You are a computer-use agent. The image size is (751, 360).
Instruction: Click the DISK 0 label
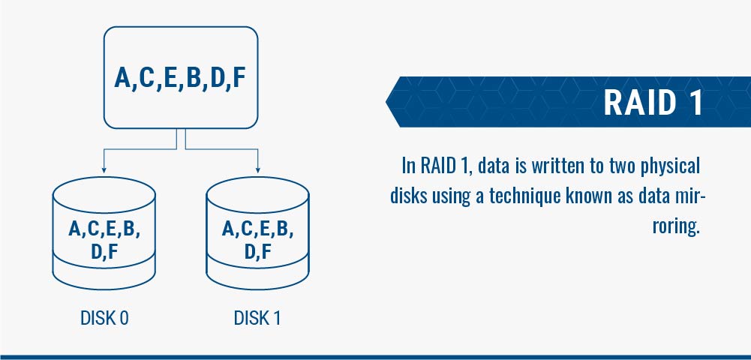[104, 318]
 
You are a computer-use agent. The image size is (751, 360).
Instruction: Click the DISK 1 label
[257, 318]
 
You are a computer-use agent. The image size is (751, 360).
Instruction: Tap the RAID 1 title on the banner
[653, 103]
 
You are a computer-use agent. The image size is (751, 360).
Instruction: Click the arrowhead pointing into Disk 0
[104, 170]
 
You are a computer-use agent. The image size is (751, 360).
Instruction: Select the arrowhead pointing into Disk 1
[258, 170]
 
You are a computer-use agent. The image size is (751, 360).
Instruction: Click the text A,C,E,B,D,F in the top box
[180, 78]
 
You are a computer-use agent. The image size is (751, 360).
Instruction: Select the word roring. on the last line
[676, 226]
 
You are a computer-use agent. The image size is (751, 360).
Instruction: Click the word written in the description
[560, 166]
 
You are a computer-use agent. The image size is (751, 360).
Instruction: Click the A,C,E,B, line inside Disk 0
[104, 229]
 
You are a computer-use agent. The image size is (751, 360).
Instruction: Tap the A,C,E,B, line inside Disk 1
[257, 229]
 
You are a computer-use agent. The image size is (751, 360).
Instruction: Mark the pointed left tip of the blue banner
[386, 102]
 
